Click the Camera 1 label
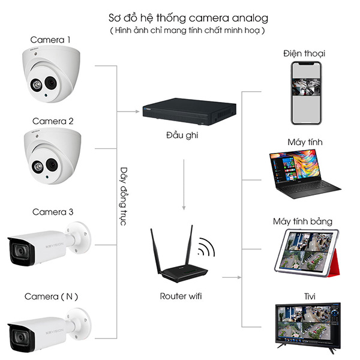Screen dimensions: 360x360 [51, 40]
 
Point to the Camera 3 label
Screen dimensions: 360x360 [53, 212]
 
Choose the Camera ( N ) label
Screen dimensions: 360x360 [51, 296]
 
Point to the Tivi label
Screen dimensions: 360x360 [305, 296]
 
